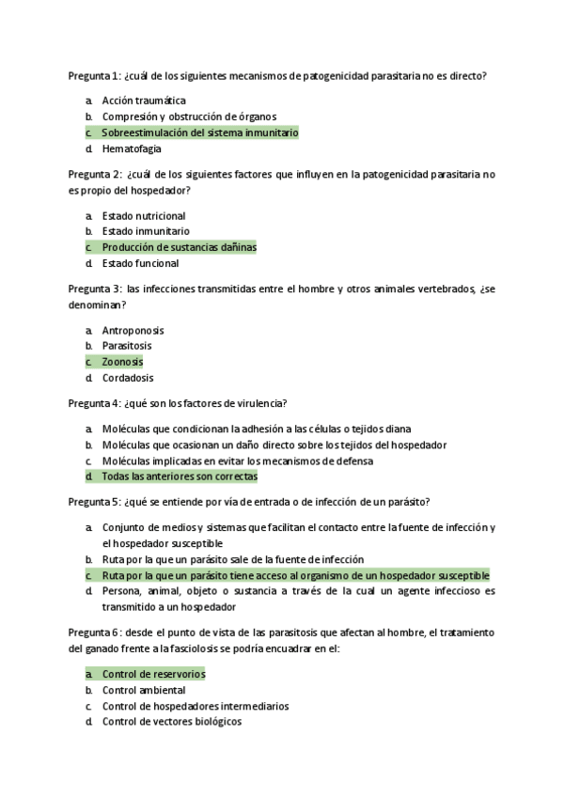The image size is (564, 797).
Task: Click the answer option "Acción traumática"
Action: click(x=144, y=101)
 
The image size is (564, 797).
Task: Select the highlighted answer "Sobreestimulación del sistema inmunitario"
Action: click(x=199, y=133)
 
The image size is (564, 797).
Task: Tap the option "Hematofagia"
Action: click(x=132, y=148)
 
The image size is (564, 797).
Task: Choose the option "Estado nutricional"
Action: click(x=144, y=215)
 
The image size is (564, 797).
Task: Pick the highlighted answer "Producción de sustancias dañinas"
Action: click(x=179, y=247)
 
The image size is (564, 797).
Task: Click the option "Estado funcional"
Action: click(x=140, y=263)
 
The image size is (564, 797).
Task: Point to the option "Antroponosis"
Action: click(x=133, y=330)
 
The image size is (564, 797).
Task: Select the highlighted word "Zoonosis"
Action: click(x=122, y=362)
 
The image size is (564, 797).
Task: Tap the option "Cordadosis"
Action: click(x=128, y=378)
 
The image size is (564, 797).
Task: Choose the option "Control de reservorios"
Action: click(x=153, y=674)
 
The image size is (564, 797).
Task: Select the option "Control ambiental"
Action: click(x=144, y=690)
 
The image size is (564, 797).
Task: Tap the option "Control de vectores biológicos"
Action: click(x=172, y=722)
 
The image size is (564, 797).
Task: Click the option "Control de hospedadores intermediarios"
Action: click(x=195, y=706)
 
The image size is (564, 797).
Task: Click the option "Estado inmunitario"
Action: click(x=146, y=231)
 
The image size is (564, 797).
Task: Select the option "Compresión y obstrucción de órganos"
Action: click(x=189, y=117)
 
